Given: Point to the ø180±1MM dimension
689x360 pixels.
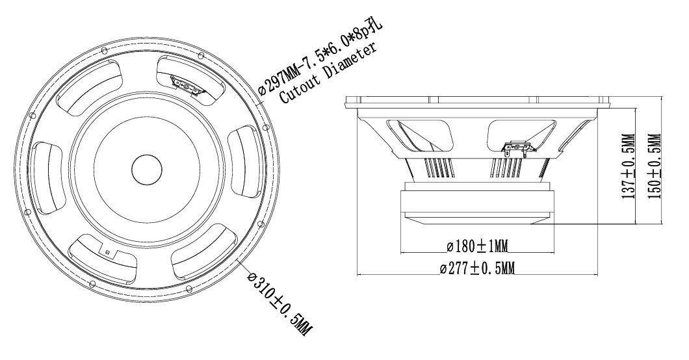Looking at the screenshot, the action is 476,247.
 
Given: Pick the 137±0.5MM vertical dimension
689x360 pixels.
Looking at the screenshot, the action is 629,166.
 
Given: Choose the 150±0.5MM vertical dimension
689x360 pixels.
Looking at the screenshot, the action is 655,166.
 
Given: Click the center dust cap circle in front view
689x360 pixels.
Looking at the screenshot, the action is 146,169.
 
